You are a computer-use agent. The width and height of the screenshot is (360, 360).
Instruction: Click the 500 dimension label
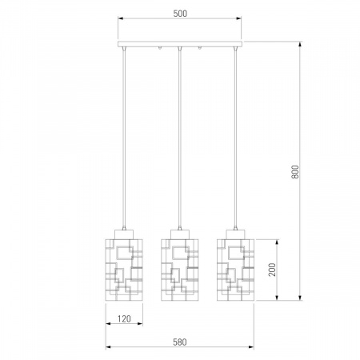180,14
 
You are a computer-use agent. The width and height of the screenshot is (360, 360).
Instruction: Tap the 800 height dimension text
295,172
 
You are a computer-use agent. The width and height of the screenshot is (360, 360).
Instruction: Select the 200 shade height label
272,270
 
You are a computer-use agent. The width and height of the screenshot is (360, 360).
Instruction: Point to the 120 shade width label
124,318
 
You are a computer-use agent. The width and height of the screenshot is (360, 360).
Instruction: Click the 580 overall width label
180,342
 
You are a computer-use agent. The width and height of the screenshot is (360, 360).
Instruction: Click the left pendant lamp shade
124,270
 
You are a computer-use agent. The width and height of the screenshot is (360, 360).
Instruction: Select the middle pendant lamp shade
180,270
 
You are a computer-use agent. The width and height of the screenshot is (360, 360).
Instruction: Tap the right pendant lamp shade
235,270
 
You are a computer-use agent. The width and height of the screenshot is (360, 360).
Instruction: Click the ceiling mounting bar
180,44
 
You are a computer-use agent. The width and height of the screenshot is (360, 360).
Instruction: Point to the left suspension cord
124,138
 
